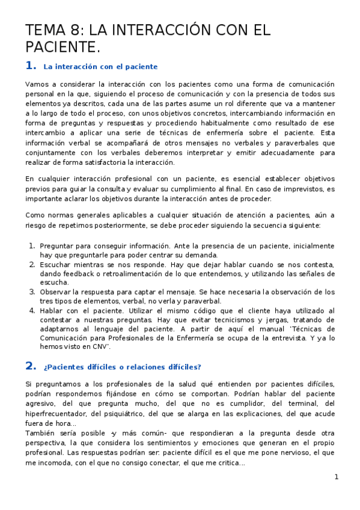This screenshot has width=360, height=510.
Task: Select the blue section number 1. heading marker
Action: pyautogui.click(x=31, y=66)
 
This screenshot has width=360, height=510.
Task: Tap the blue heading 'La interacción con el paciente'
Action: pyautogui.click(x=100, y=67)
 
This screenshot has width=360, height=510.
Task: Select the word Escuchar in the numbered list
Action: pyautogui.click(x=55, y=265)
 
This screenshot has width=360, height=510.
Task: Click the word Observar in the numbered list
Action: pyautogui.click(x=56, y=292)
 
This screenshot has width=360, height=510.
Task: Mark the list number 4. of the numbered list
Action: pyautogui.click(x=32, y=310)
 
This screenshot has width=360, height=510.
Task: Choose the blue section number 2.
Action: pyautogui.click(x=31, y=366)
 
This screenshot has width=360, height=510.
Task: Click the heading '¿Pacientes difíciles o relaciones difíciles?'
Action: pyautogui.click(x=122, y=367)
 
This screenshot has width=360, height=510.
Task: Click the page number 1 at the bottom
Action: pyautogui.click(x=337, y=477)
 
